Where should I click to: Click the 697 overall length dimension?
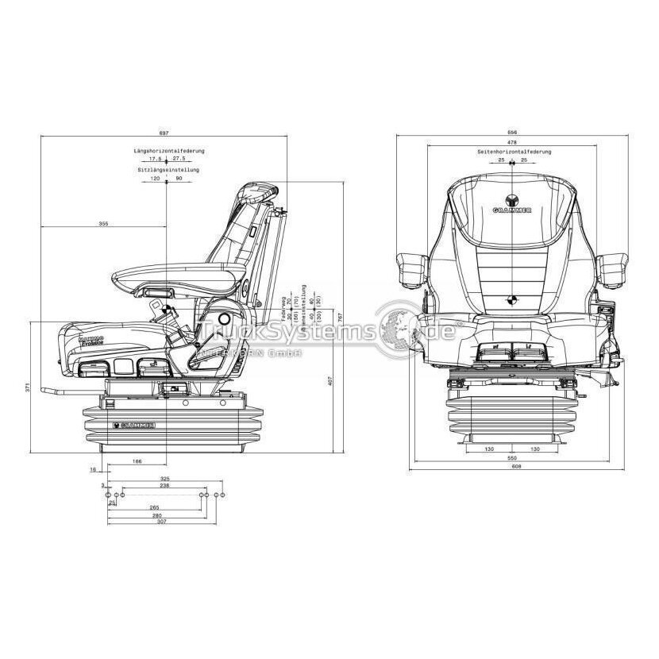[165, 133]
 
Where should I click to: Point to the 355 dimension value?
[103, 225]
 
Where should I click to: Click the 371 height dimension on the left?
[27, 387]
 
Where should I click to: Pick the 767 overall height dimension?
[340, 316]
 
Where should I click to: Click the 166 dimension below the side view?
[137, 461]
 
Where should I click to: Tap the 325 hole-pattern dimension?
[165, 480]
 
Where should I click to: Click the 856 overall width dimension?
[513, 133]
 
